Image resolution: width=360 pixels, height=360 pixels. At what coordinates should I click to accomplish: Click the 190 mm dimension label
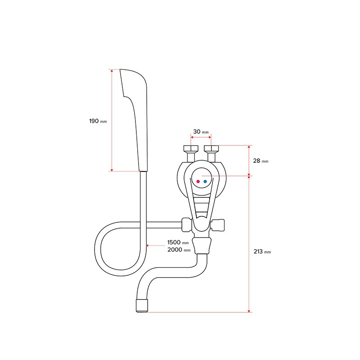[98, 121]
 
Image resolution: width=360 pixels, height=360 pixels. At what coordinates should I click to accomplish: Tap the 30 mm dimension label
[201, 132]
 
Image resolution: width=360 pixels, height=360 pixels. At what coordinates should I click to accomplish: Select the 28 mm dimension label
[261, 161]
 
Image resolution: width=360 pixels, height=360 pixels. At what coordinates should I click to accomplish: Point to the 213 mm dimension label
[262, 252]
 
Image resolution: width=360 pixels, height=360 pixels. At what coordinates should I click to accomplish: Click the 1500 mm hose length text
[178, 242]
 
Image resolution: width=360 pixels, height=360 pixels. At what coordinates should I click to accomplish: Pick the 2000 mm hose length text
[179, 250]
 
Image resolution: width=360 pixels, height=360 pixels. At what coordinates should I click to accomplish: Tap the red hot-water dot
[198, 181]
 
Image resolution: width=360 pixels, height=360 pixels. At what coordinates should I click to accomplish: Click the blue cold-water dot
[205, 181]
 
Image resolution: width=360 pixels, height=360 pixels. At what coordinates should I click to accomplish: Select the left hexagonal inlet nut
[191, 148]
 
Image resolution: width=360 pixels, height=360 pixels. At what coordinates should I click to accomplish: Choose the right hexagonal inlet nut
[211, 148]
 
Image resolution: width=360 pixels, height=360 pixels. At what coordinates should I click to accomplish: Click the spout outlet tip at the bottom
[142, 306]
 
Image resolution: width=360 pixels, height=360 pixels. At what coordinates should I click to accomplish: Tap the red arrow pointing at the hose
[155, 245]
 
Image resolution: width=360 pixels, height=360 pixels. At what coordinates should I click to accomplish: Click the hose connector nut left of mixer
[187, 225]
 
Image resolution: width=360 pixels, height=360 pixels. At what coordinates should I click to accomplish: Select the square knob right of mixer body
[218, 225]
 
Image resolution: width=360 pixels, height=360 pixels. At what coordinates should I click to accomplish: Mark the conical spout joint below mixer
[202, 245]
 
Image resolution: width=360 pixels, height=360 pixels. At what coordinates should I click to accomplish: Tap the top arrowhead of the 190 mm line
[112, 71]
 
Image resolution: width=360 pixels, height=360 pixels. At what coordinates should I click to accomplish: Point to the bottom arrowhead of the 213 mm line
[249, 311]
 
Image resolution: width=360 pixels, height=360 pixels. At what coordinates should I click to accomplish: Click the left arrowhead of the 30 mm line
[192, 137]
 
